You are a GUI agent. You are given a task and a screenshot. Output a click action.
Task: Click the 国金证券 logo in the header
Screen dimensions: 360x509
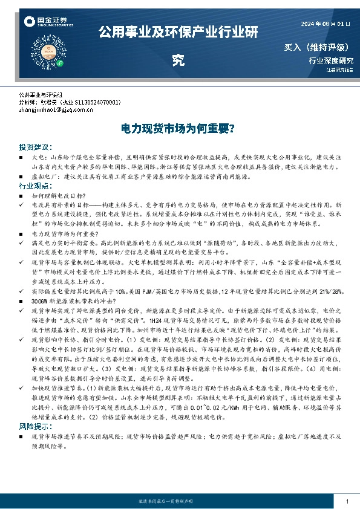tap(44, 22)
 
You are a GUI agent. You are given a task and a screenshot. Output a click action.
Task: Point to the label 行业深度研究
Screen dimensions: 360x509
tap(330, 60)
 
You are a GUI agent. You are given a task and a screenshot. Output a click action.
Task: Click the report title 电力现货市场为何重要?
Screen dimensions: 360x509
tap(179, 129)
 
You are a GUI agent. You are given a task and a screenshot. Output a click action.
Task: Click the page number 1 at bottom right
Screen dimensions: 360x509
tap(347, 502)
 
